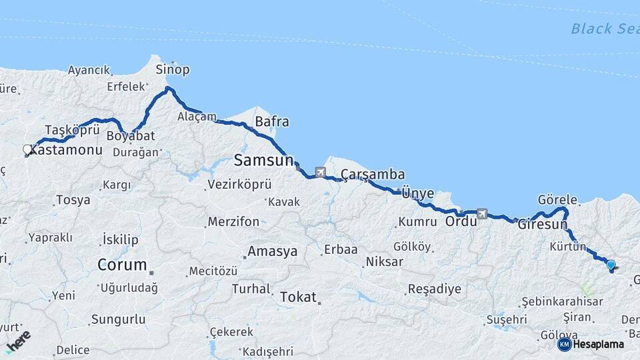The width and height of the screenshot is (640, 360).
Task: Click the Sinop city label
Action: [173, 69]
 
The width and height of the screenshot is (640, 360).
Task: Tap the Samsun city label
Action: [263, 160]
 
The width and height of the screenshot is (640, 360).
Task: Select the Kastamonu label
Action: [67, 150]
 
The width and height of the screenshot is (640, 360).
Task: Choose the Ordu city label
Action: [461, 221]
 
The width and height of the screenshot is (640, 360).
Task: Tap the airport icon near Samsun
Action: [320, 173]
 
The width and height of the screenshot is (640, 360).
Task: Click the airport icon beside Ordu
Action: [482, 214]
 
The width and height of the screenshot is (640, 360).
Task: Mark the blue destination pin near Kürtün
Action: [611, 265]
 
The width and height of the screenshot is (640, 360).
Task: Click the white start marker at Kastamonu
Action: [27, 149]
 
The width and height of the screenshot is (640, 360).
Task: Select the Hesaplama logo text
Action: [598, 344]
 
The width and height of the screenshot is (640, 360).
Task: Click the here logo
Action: [18, 341]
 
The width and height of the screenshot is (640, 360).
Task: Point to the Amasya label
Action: [272, 251]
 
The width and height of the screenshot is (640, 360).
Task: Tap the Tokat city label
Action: [298, 297]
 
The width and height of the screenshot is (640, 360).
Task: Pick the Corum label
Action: [122, 265]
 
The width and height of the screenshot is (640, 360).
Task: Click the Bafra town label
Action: [272, 122]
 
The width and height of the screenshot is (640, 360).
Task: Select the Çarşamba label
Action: [373, 175]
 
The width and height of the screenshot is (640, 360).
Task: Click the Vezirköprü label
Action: [239, 185]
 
